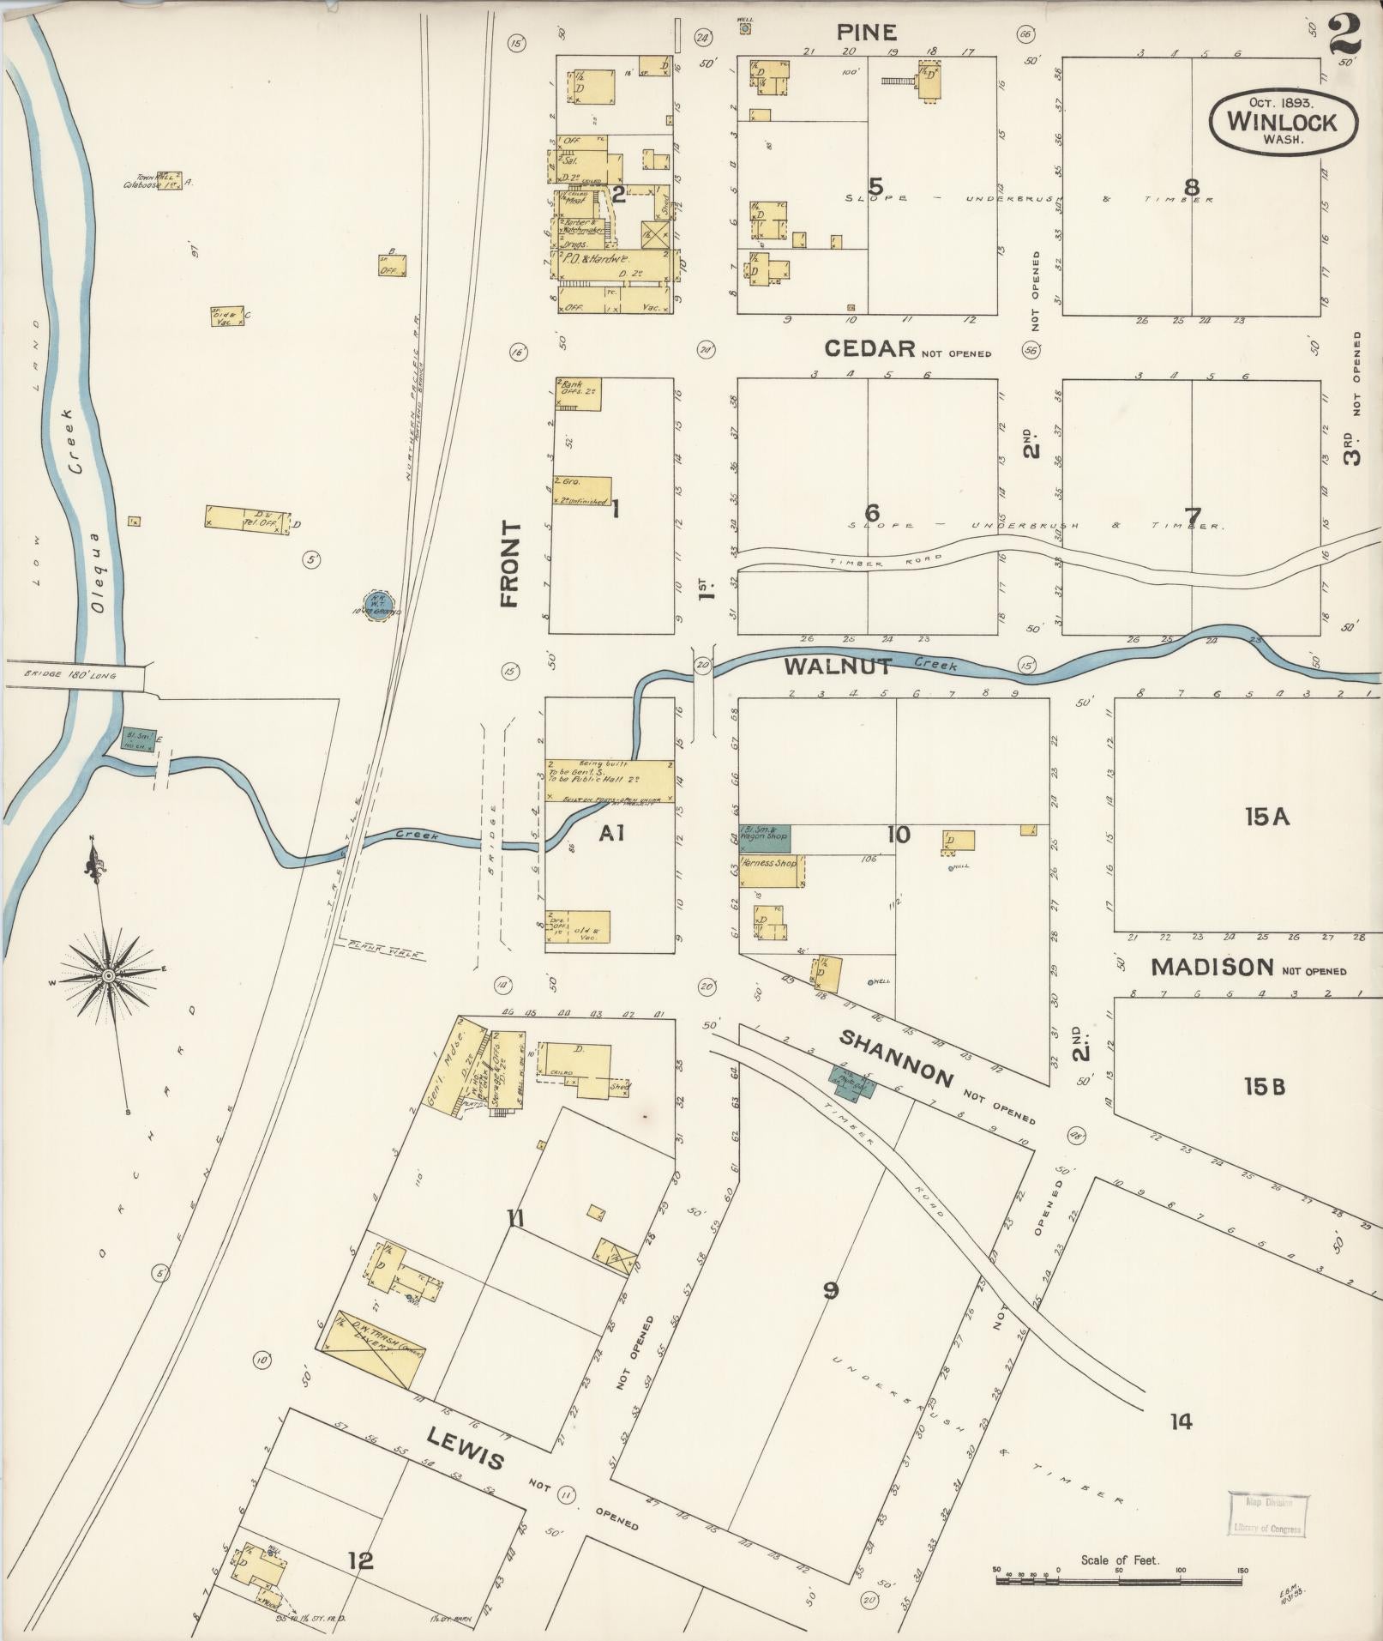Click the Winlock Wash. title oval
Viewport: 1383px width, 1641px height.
(1283, 121)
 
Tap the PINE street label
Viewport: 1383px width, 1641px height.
(867, 33)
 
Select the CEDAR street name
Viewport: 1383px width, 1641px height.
(870, 348)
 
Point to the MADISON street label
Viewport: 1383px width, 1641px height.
(1212, 968)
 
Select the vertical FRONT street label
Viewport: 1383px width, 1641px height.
(511, 564)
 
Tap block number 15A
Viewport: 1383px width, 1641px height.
(1267, 817)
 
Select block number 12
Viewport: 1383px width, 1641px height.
(361, 1560)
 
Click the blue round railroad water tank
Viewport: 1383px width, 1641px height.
(378, 604)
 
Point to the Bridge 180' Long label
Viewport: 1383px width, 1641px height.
(73, 675)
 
